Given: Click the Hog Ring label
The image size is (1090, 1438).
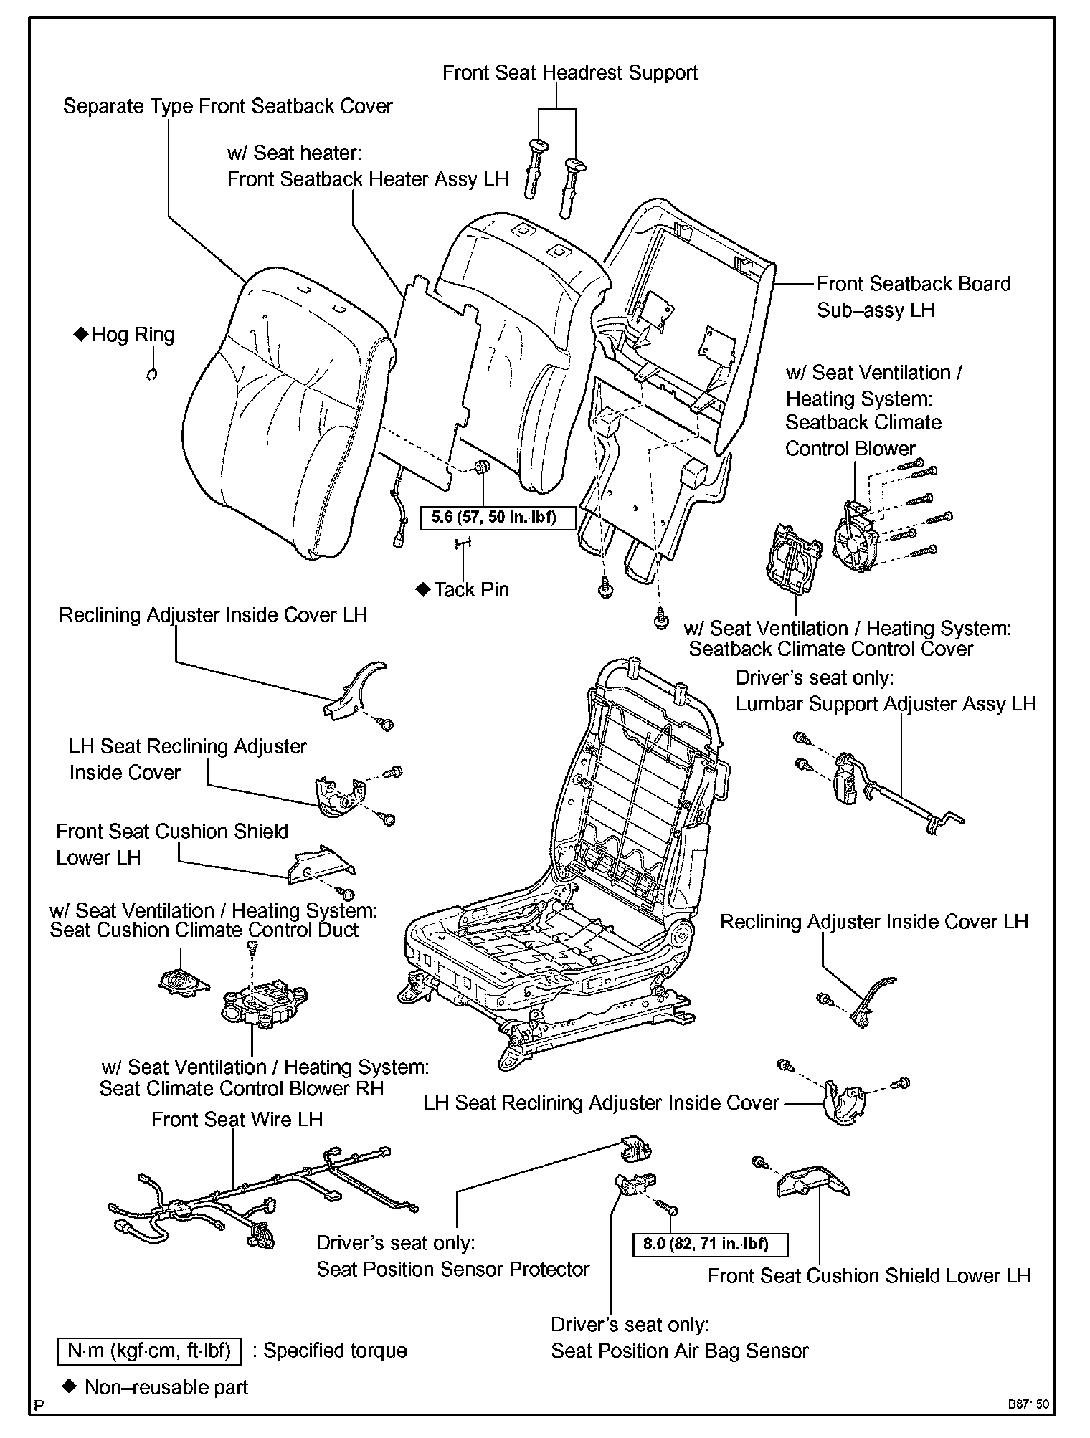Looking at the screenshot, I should coord(133,335).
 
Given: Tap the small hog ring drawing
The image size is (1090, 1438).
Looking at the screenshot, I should coord(151,373).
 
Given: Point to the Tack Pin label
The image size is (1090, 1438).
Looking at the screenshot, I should coord(471,590).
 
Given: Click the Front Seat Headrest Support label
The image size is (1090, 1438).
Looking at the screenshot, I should coord(569,73).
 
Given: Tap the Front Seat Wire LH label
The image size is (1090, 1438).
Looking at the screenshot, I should coord(237,1120).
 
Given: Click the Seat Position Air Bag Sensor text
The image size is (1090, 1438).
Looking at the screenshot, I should coord(679,1351).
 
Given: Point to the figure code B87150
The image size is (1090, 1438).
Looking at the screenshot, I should coord(1027,1404).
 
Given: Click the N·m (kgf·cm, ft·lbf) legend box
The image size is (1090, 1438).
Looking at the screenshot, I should coord(149,1351).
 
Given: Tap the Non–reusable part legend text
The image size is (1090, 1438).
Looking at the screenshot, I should coord(166,1387).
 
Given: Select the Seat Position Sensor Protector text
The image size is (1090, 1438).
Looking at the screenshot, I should coord(452,1270).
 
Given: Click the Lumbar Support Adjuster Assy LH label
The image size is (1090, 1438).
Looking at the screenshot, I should coord(886,704).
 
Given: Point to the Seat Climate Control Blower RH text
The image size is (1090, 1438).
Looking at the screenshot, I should coord(242,1088).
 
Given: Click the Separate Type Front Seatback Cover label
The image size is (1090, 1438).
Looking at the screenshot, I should coord(228,106).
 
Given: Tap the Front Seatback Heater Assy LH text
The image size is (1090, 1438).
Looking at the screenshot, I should coord(367,179).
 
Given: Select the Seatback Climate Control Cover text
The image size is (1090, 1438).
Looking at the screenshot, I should coord(830,649).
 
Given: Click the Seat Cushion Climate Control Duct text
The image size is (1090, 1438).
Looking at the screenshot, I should coord(204,930).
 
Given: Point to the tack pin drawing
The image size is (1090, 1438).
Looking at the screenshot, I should coord(463,545).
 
